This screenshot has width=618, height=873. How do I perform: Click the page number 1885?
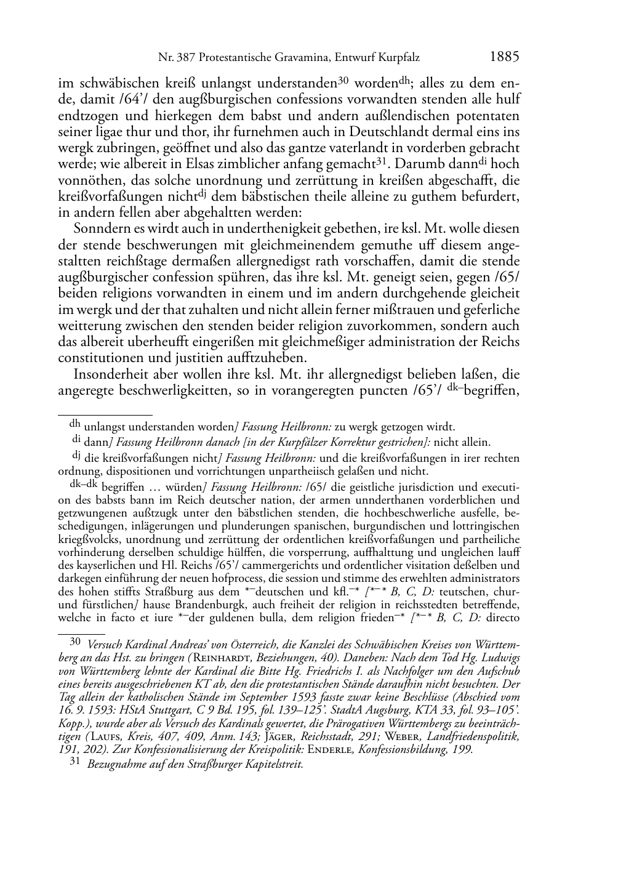pyautogui.click(x=505, y=57)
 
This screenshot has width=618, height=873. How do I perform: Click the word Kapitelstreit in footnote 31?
pyautogui.click(x=271, y=765)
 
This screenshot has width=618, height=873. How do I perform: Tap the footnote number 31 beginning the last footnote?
pyautogui.click(x=75, y=763)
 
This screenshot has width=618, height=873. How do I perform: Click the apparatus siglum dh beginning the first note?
pyautogui.click(x=75, y=424)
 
